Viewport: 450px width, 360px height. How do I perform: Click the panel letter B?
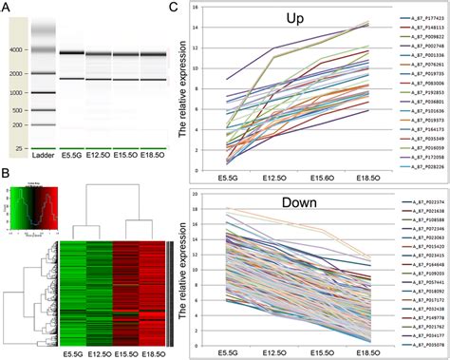point(7,174)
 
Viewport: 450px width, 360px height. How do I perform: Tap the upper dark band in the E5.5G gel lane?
point(72,52)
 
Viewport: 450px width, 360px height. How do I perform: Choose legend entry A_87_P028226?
point(420,165)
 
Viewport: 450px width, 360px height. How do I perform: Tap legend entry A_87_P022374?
point(420,202)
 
